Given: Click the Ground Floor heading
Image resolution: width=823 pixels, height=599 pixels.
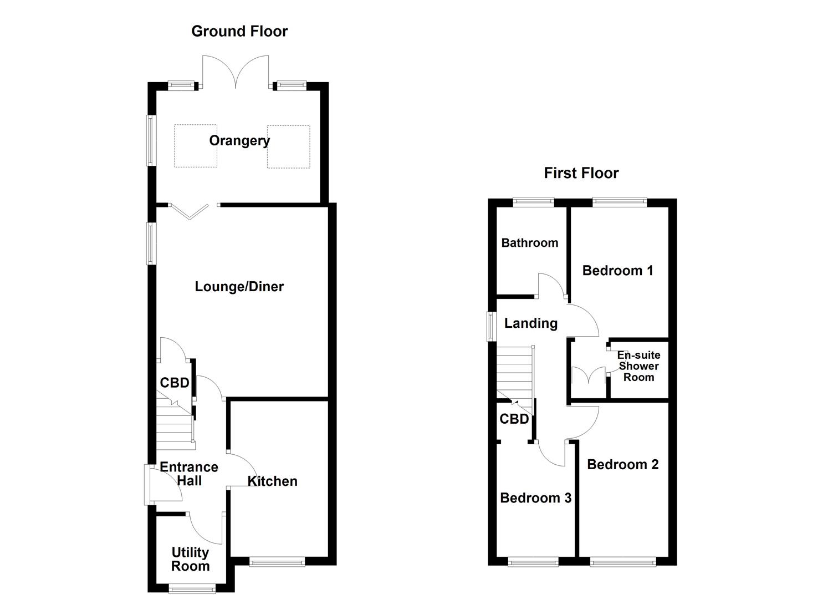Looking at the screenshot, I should tap(239, 31).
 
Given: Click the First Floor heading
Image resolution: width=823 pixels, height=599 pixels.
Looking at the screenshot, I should tap(581, 173).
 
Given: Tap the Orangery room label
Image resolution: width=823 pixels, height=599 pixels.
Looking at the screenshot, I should tap(239, 140).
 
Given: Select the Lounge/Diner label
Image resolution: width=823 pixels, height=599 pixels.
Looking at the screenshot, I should tap(239, 287).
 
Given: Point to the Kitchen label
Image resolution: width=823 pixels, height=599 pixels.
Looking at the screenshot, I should tap(272, 481).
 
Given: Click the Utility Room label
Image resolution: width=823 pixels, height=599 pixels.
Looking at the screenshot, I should tap(190, 559).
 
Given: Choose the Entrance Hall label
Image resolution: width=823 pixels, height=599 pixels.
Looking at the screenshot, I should tap(189, 474).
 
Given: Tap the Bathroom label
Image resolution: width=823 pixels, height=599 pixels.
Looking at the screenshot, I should tap(529, 242).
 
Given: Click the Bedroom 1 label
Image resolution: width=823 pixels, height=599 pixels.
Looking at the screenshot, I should tap(617, 271).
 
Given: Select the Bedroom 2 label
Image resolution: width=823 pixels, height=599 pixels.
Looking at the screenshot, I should tap(622, 465).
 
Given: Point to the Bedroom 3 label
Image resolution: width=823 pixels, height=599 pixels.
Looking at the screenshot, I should tap(535, 498).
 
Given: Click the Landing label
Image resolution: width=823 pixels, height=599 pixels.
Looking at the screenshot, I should tap(530, 323).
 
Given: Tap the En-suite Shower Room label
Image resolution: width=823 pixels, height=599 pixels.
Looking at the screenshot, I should tap(638, 366).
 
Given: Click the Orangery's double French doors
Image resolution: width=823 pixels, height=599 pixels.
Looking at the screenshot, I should tap(236, 72).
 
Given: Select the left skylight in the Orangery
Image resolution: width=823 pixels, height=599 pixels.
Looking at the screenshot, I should tap(196, 146).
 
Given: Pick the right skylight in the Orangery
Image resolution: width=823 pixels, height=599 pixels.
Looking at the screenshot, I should tap(288, 146).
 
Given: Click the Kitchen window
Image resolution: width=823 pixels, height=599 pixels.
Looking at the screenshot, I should tap(277, 562).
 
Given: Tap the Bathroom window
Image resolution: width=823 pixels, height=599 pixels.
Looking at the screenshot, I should tap(533, 202).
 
